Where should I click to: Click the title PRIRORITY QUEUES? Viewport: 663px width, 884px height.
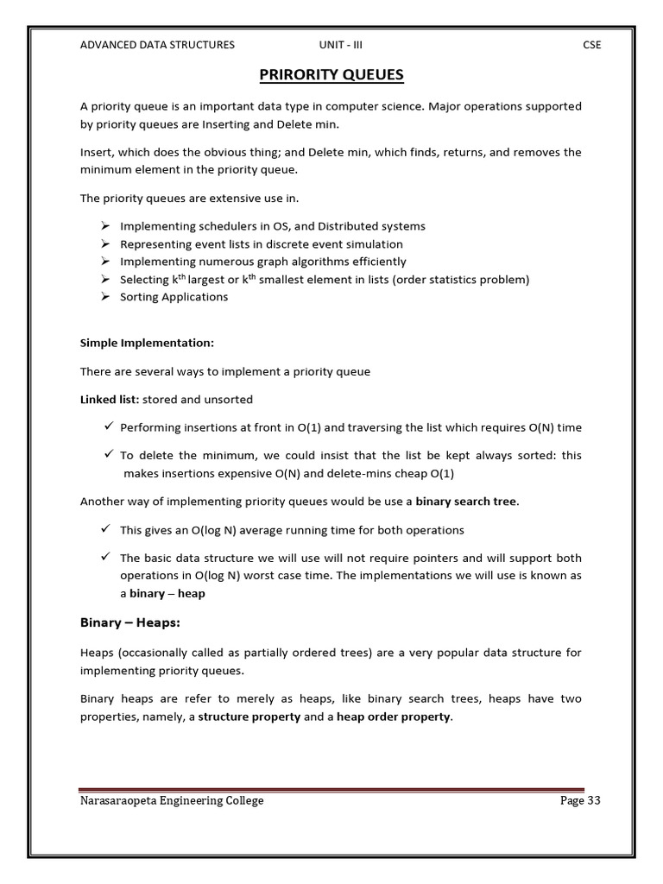coord(331,75)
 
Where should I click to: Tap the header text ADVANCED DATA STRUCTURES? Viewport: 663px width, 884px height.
coord(157,45)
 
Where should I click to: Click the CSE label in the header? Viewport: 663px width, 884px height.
coord(591,45)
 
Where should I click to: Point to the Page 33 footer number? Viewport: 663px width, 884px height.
coord(579,800)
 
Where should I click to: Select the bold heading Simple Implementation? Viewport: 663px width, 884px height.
coord(147,343)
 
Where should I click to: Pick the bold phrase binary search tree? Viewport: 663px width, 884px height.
coord(467,502)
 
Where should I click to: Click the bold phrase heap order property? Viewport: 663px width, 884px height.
coord(393,717)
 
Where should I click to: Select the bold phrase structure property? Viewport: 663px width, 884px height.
coord(249,717)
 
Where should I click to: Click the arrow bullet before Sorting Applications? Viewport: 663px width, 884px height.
coord(104,296)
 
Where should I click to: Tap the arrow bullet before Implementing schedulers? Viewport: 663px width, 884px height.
coord(104,225)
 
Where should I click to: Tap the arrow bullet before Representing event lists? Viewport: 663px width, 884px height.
coord(104,243)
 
